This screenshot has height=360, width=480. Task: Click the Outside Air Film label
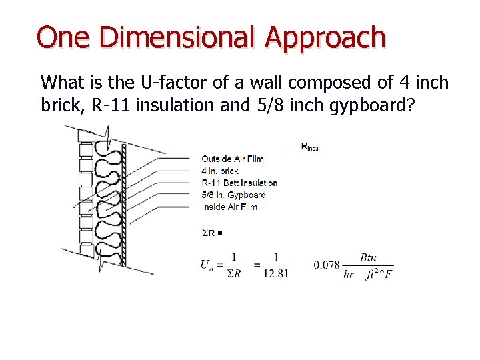coord(233,159)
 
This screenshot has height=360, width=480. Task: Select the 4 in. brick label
coord(220,171)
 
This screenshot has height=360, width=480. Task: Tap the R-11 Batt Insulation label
coord(239,183)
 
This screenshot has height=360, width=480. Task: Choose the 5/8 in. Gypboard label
coord(233,195)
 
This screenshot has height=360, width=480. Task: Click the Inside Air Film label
coord(229,207)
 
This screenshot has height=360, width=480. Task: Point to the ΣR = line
coord(212,232)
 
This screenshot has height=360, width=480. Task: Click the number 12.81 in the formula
coord(275,274)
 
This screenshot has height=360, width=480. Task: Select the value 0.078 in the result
coord(327,265)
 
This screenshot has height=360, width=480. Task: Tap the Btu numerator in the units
coord(368,257)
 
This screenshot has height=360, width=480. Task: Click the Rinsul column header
coord(311,146)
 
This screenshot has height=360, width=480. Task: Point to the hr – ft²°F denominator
coord(368,274)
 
